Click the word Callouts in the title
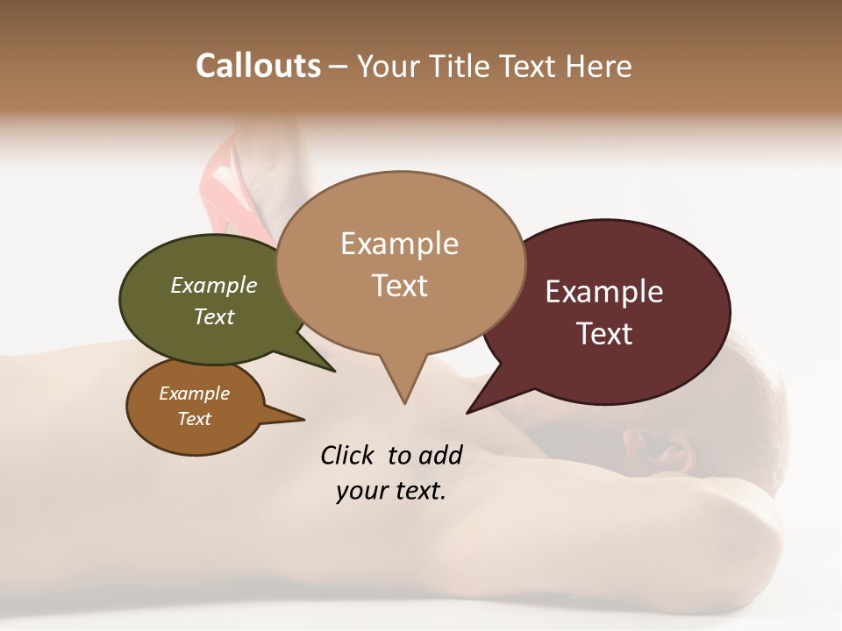[x=258, y=66]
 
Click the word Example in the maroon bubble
[x=604, y=292]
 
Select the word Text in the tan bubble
[x=400, y=286]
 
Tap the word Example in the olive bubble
[x=214, y=285]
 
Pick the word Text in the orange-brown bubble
[x=195, y=419]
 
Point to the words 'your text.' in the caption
[x=391, y=491]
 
